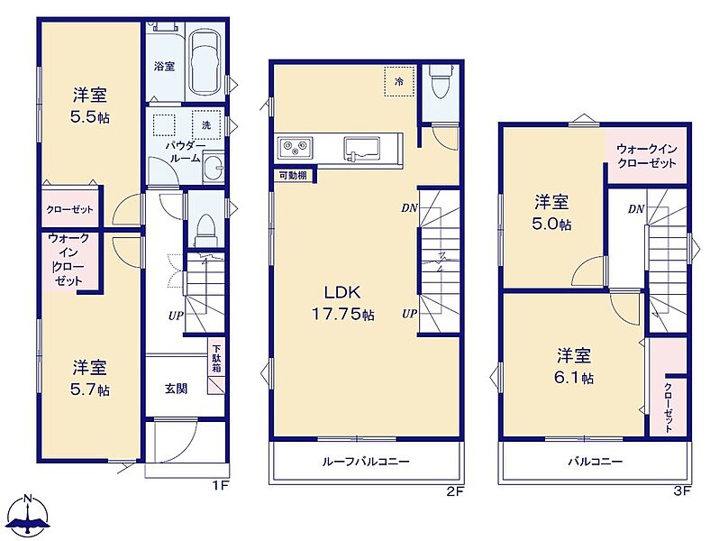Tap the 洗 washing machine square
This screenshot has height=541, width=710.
pos(206,124)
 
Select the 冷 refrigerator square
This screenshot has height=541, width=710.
pos(399,81)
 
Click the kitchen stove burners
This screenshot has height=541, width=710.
pos(295,147)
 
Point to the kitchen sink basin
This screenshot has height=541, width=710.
pos(362,148)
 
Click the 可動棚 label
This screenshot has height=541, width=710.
pos(294,175)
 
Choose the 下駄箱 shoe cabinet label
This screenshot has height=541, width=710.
pos(217,359)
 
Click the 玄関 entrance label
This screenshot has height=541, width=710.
pos(176,389)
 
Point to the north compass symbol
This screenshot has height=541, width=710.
pos(29,517)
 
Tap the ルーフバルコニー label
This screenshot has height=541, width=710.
pos(366,462)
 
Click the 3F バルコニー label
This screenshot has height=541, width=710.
pos(596,462)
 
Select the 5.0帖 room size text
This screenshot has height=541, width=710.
pos(551,225)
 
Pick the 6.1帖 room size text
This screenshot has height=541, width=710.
pos(574,378)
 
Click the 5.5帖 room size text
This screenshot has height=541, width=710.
pos(90,117)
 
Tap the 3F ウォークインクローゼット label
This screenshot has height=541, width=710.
pos(647,156)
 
